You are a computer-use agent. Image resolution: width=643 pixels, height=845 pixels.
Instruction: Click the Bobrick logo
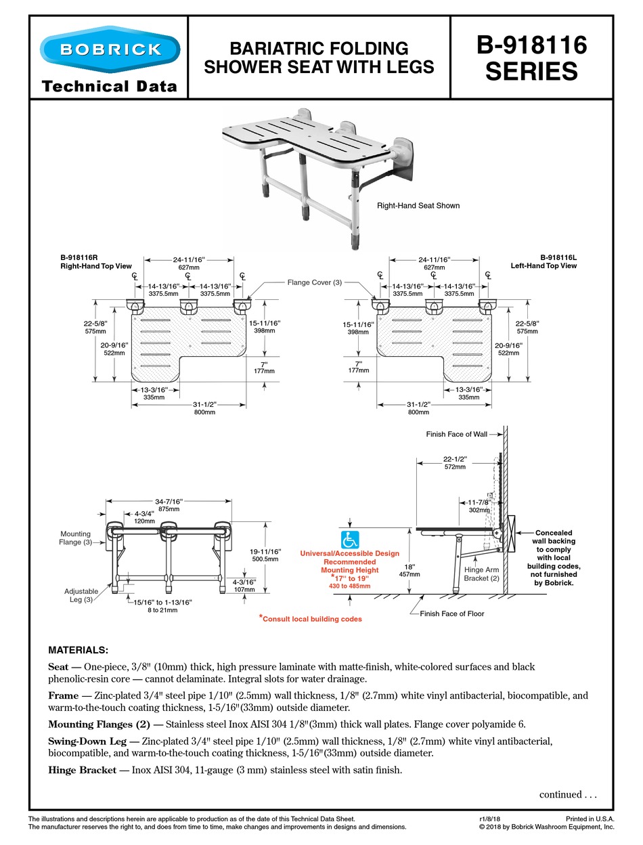point(110,49)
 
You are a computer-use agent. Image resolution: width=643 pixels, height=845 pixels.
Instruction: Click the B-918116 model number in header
point(531,46)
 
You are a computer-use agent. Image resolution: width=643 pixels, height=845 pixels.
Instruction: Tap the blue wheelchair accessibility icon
point(350,540)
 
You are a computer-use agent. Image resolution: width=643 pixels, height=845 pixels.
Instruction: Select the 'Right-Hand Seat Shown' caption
point(418,206)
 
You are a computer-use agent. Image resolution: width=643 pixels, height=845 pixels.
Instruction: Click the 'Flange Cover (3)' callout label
point(314,282)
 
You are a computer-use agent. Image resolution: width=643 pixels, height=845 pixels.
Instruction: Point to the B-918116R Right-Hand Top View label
point(95,262)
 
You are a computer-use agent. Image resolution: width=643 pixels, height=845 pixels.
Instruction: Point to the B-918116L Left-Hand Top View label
point(544,262)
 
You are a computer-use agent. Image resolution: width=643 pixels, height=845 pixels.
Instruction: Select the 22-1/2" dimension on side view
point(455,462)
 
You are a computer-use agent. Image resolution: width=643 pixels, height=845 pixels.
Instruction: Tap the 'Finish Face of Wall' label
point(456,434)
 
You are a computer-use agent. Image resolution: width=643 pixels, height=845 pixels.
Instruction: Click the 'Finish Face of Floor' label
point(451,613)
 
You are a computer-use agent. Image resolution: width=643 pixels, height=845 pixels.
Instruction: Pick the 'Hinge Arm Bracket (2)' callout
point(482,573)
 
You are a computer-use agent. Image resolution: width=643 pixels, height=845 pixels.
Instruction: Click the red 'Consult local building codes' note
point(310,619)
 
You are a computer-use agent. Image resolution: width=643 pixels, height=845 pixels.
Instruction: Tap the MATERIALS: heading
point(78,650)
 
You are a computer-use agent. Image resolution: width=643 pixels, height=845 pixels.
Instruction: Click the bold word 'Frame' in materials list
point(63,695)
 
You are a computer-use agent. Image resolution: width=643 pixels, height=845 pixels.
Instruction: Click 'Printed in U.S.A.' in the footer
point(590,819)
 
